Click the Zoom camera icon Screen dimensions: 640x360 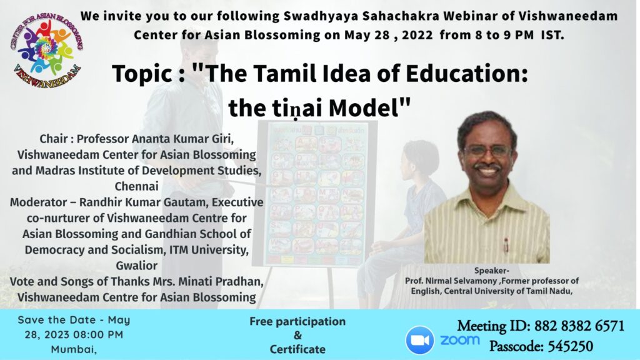pyautogui.click(x=419, y=340)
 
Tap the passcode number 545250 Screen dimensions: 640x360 pyautogui.click(x=570, y=346)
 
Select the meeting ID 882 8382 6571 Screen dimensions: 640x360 pyautogui.click(x=579, y=326)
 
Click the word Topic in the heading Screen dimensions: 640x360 pyautogui.click(x=142, y=74)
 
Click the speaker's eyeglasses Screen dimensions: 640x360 pyautogui.click(x=487, y=151)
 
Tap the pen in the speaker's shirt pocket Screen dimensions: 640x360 pyautogui.click(x=506, y=245)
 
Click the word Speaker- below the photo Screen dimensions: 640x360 pyautogui.click(x=491, y=270)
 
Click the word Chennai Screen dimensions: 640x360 pyautogui.click(x=136, y=186)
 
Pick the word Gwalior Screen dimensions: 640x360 pyautogui.click(x=136, y=266)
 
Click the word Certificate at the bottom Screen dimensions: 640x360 pyautogui.click(x=297, y=349)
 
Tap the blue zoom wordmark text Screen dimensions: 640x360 pyautogui.click(x=459, y=340)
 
